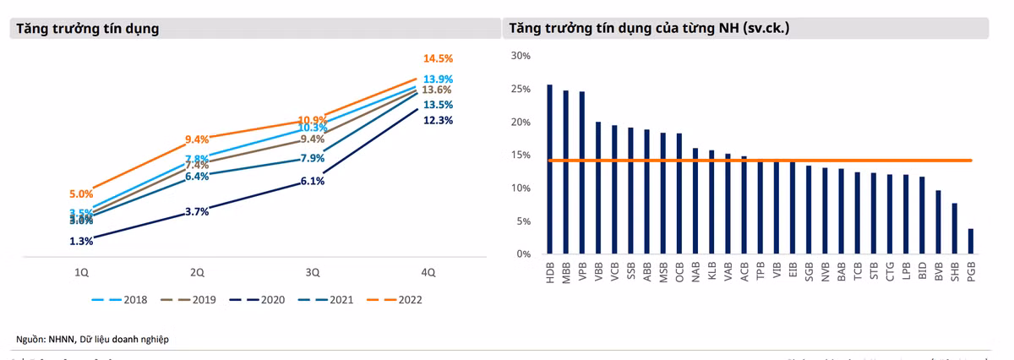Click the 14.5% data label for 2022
439,59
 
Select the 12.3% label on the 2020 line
439,121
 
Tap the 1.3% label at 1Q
82,242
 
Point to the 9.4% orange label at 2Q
197,139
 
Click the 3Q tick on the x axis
313,272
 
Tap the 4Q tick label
428,272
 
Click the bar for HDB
550,169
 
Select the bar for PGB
971,241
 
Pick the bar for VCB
614,189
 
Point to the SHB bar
955,228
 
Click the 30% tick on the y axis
520,56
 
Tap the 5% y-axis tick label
522,221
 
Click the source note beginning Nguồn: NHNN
93,339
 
